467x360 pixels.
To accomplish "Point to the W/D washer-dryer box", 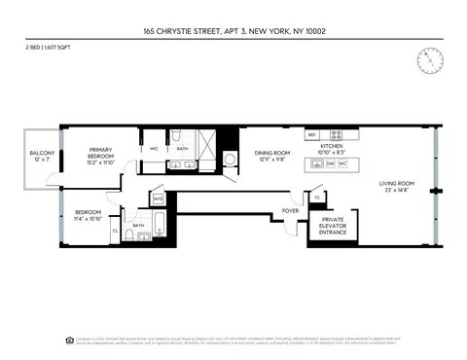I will click(158, 198).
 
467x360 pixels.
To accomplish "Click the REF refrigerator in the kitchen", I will click(312, 134).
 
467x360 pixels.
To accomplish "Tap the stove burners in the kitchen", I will click(337, 134).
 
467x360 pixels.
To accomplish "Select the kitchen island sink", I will click(318, 164).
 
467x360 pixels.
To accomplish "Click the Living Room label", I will click(397, 187).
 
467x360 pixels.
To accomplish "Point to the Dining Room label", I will click(272, 155).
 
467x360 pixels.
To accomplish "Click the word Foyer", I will click(290, 209).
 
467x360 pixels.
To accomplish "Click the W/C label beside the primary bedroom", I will click(154, 148).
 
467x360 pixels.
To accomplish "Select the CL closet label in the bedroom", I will click(115, 231).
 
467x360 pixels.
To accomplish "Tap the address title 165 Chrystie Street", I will click(233, 31).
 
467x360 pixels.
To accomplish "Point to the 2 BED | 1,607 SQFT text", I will click(50, 47).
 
